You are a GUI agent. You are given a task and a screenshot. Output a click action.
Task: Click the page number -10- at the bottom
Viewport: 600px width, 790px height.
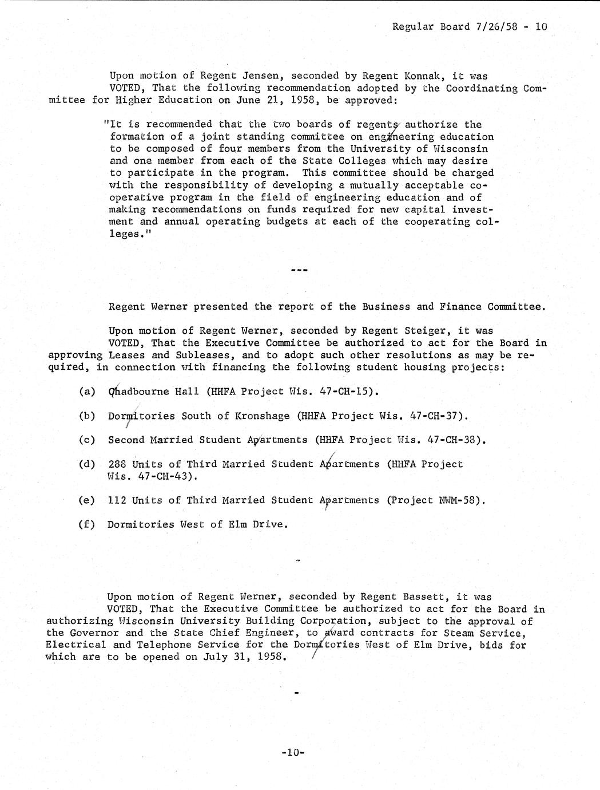(293, 752)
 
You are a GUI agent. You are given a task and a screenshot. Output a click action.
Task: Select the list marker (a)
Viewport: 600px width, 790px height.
(87, 392)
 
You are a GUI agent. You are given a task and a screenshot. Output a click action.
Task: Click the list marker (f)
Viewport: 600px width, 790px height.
(87, 524)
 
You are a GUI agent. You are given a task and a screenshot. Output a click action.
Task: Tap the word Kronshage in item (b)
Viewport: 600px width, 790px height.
(263, 416)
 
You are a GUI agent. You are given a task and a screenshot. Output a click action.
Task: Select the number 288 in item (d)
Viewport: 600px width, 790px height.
(117, 464)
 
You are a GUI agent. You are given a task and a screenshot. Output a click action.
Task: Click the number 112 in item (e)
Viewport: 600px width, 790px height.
(117, 500)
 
